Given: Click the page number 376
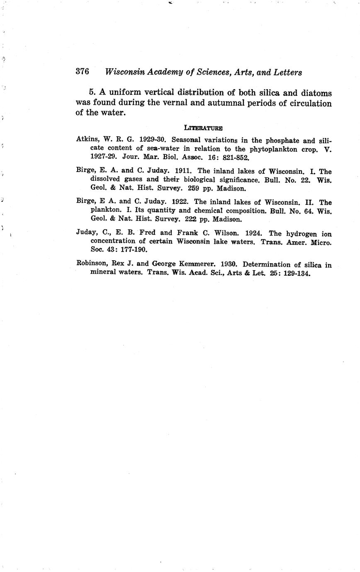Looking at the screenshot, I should click(83, 71).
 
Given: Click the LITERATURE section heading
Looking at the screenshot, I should click(203, 127).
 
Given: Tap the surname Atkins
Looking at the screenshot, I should click(86, 140).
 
